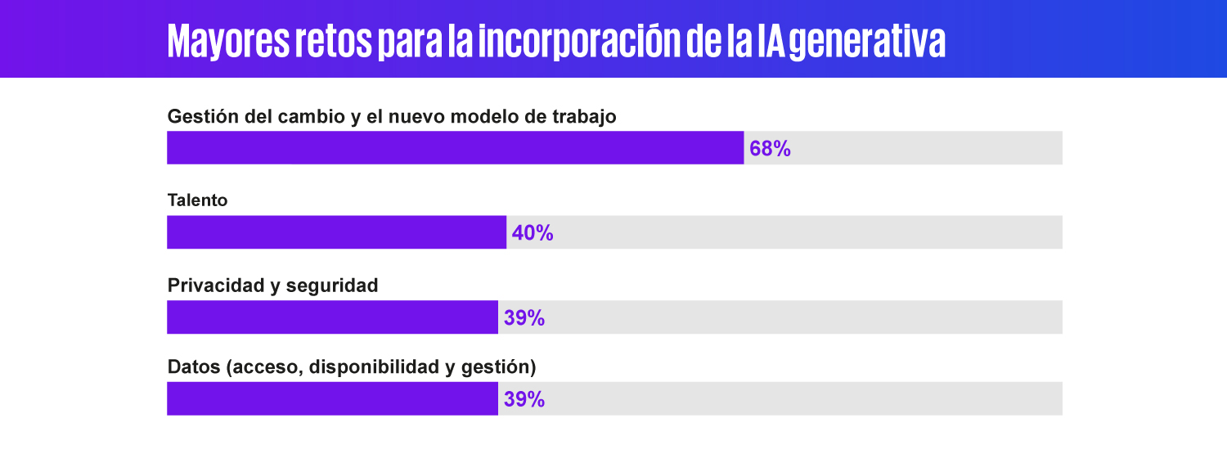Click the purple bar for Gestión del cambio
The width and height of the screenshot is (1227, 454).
[x=455, y=148]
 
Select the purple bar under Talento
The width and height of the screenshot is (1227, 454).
[x=336, y=232]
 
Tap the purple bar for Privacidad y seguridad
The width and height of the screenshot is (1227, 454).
[x=332, y=317]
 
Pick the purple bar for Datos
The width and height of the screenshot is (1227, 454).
[x=332, y=399]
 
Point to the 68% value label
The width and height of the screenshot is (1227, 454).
[x=770, y=149]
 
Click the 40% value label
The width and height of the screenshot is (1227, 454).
[x=533, y=233]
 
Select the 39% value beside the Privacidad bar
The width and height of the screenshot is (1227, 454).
[x=524, y=318]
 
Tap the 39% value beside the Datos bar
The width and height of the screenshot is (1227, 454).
[x=524, y=400]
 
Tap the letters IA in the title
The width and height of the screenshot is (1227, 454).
[x=772, y=41]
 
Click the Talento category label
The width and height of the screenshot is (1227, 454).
[x=197, y=200]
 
